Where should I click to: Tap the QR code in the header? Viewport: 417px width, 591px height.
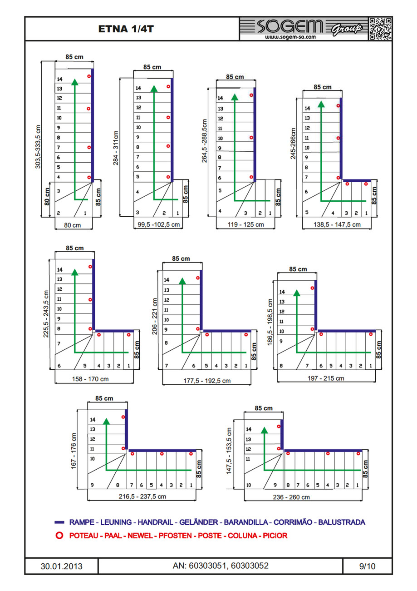pos(380,29)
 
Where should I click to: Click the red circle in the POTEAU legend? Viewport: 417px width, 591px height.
pos(59,536)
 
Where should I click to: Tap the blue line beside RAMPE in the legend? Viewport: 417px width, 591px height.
pos(59,522)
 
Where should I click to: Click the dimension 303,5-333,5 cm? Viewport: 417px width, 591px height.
pos(38,147)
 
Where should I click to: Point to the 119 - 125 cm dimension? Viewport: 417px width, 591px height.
pos(246,224)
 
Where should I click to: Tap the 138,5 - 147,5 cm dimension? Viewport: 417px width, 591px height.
pos(337,224)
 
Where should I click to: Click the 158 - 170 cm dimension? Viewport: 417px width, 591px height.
pos(90,378)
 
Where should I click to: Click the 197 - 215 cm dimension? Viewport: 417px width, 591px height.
pos(326,378)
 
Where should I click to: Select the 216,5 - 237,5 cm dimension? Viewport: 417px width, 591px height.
pos(142,497)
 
